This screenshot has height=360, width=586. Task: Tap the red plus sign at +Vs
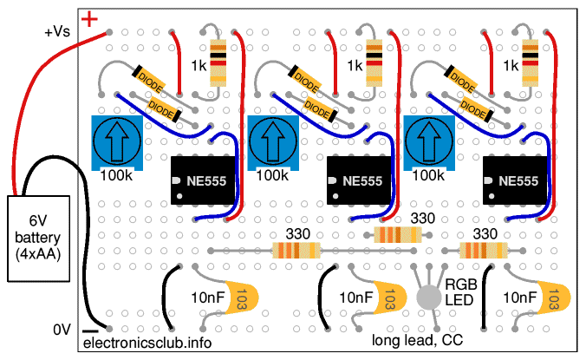[x=89, y=17]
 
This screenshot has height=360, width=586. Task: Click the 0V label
[x=60, y=329]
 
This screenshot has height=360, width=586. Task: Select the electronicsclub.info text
[x=146, y=343]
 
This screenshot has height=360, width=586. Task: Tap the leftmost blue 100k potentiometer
[x=116, y=141]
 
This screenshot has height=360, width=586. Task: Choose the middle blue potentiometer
[x=272, y=141]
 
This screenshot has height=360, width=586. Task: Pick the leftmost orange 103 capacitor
[x=241, y=297]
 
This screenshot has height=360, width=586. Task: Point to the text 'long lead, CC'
[x=417, y=339]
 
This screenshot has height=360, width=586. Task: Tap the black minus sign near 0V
[x=89, y=331]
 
